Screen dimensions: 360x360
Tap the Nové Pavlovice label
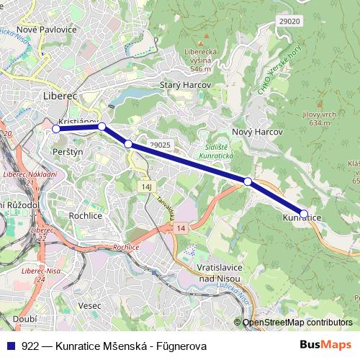(46, 30)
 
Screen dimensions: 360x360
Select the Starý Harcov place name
(184, 84)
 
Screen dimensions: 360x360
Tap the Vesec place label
(91, 305)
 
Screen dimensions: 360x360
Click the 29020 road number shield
(288, 22)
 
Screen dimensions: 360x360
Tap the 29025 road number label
(161, 145)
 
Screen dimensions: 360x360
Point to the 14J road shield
(146, 186)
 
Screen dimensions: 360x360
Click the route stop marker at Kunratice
(304, 213)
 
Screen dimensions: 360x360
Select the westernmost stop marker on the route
(56, 129)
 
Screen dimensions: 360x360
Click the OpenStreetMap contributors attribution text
(297, 323)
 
